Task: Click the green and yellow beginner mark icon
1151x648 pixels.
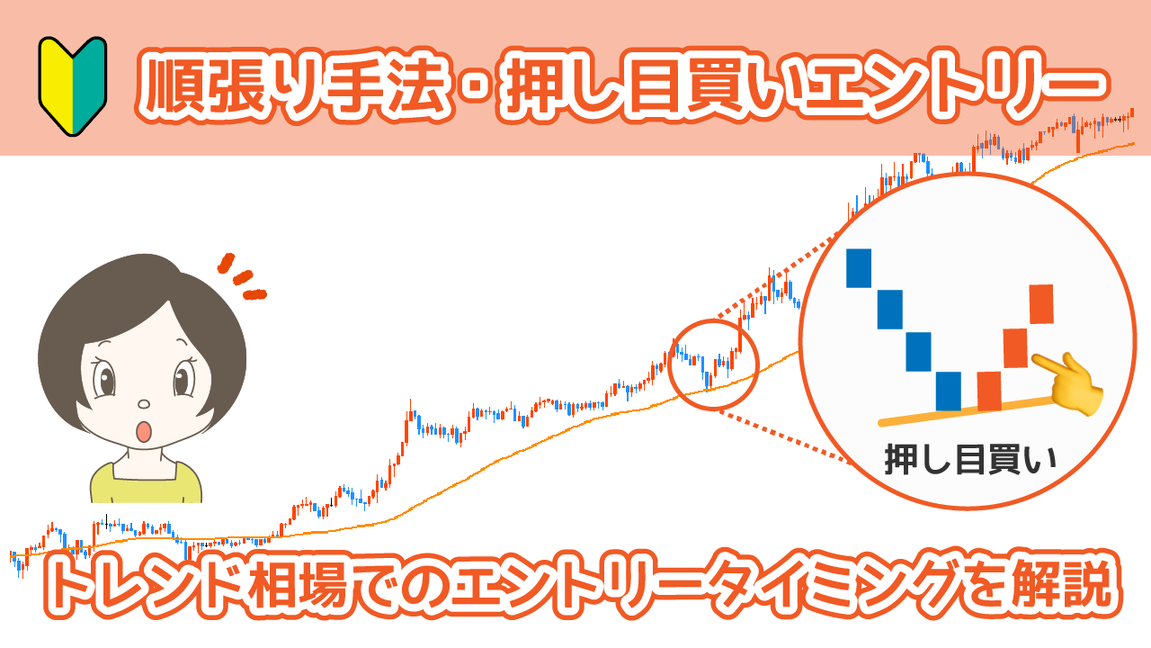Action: [x=72, y=86]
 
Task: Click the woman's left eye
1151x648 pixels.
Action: [x=183, y=378]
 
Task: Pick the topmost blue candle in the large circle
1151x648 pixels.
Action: [x=859, y=267]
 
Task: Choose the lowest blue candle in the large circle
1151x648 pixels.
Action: [x=949, y=391]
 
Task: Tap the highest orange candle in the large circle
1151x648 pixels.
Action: [x=1040, y=303]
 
